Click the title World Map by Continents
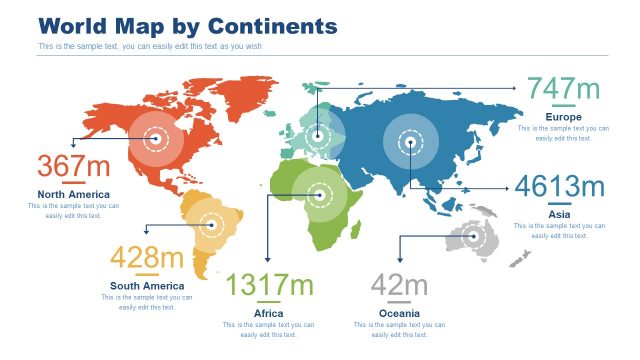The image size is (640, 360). (187, 25)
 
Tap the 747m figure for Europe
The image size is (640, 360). (563, 90)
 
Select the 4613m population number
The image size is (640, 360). (559, 187)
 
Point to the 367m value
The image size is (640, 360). (74, 166)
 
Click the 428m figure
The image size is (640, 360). (147, 258)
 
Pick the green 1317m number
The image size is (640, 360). (269, 286)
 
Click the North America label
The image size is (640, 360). (74, 194)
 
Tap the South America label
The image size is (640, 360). (147, 286)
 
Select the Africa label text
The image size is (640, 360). (269, 313)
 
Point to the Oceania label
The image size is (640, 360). (399, 313)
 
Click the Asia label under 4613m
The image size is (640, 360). (559, 214)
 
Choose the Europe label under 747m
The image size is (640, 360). (563, 117)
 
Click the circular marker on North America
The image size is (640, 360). (154, 140)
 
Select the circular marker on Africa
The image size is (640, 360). (320, 194)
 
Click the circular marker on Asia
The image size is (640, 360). (411, 142)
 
